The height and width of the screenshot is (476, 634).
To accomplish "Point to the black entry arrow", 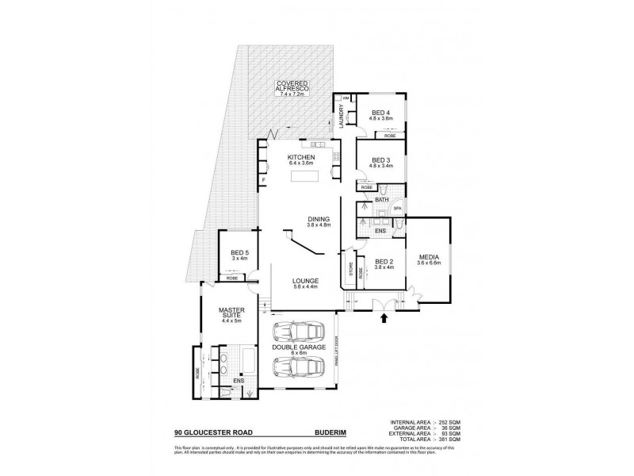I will tap(386, 319).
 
